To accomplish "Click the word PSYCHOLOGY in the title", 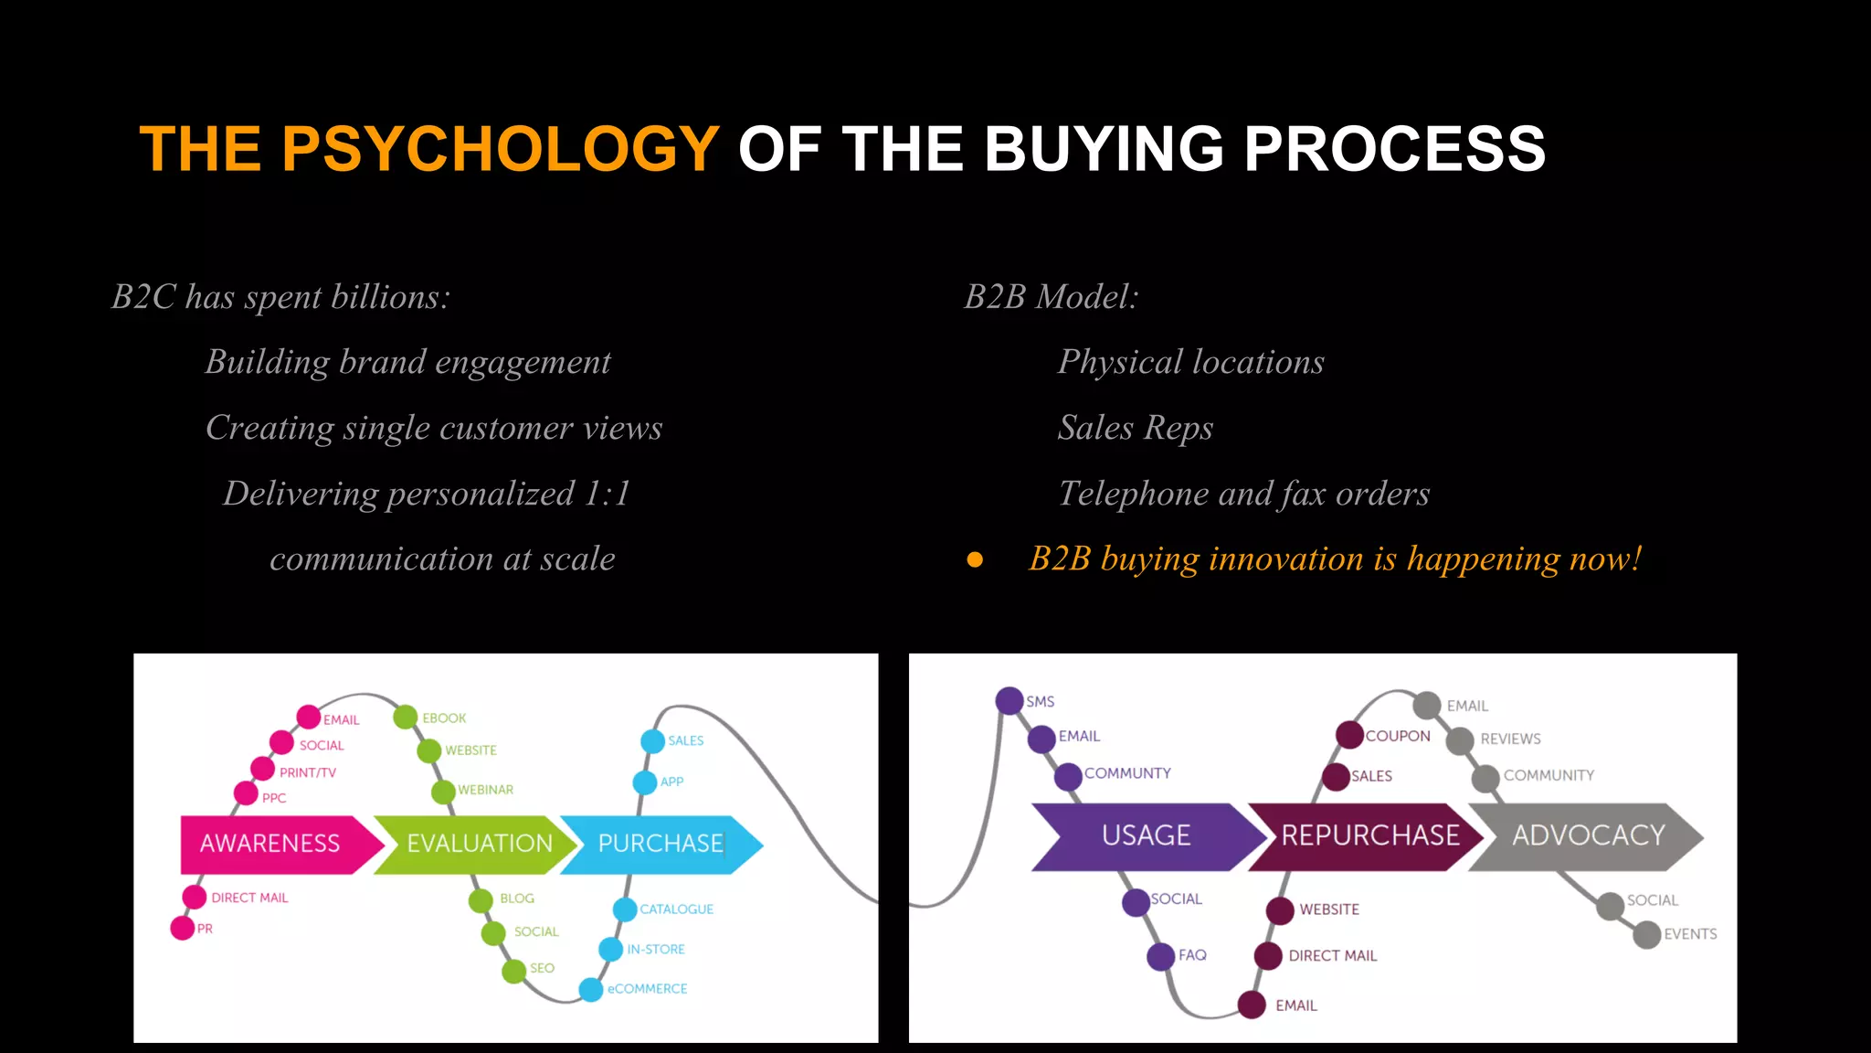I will point(501,149).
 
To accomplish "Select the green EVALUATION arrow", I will point(477,844).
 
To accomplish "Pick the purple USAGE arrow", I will point(1147,835).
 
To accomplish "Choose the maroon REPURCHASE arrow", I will point(1369,835).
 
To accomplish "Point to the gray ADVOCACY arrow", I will point(1588,835).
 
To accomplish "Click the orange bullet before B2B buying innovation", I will point(975,559).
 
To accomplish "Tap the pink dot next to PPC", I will point(246,792).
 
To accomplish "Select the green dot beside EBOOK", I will point(406,717).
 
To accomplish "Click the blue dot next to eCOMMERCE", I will point(591,989).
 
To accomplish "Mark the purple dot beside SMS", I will point(1009,701).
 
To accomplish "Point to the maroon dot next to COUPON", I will point(1349,735).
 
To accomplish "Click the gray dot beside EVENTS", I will point(1646,935).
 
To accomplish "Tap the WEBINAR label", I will point(485,790).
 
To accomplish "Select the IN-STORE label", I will point(656,950).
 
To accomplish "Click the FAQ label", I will point(1192,955).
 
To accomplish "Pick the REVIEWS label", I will point(1510,739).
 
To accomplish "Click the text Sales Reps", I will point(1136,428).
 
